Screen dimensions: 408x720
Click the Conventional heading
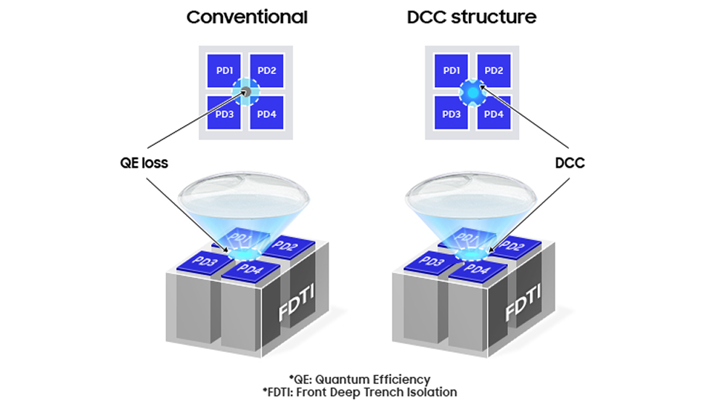pos(247,17)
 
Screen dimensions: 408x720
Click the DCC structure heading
pos(472,17)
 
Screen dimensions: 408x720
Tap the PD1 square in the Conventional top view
pos(223,70)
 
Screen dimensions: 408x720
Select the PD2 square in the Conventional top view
pos(266,70)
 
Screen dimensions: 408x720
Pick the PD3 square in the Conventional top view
pos(223,113)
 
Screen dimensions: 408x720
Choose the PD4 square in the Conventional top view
pos(266,113)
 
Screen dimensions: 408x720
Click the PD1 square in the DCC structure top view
pos(451,70)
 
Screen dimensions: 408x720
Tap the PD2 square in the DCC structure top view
pos(494,70)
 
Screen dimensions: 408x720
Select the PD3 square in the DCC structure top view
pos(451,114)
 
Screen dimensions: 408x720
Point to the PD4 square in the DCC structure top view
pos(494,114)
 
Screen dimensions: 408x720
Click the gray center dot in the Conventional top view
pos(245,91)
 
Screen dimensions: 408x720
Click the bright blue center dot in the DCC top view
pos(472,92)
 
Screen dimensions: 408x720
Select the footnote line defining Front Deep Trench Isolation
pos(360,392)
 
